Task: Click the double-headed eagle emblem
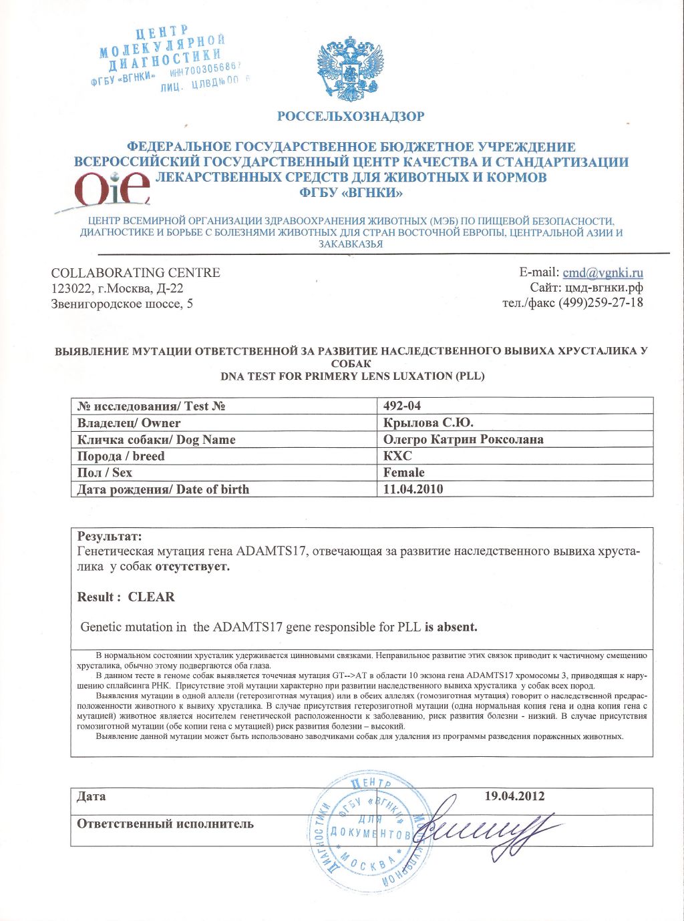point(351,69)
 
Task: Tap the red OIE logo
point(112,189)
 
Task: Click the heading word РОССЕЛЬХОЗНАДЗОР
point(351,117)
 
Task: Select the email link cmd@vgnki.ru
point(603,272)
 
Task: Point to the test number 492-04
point(402,406)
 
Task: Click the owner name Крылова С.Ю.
point(428,422)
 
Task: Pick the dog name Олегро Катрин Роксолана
point(463,439)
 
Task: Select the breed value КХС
point(397,456)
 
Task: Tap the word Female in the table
point(403,473)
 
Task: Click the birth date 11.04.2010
point(413,489)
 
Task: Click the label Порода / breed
point(121,456)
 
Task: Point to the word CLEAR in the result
point(151,597)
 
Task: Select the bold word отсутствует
point(192,567)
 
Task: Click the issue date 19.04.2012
point(514,796)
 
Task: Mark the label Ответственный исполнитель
point(165,823)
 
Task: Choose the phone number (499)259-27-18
point(605,302)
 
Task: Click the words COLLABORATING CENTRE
point(136,272)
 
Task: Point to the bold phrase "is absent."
point(451,627)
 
